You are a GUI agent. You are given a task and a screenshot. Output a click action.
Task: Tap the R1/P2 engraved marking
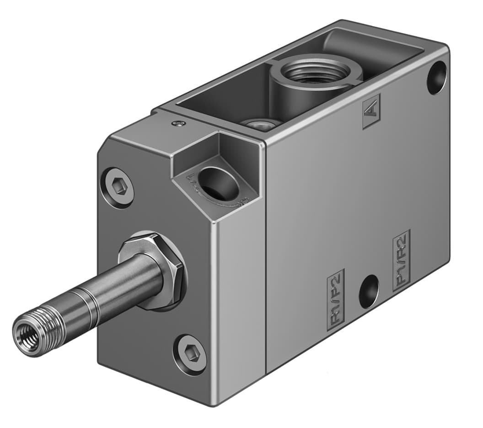tap(337, 299)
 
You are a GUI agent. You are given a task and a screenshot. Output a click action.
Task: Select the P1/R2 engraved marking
tap(401, 260)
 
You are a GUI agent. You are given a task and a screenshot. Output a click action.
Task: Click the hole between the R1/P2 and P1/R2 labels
tap(369, 291)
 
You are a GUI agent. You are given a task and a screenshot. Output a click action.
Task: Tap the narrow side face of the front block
tap(240, 297)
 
